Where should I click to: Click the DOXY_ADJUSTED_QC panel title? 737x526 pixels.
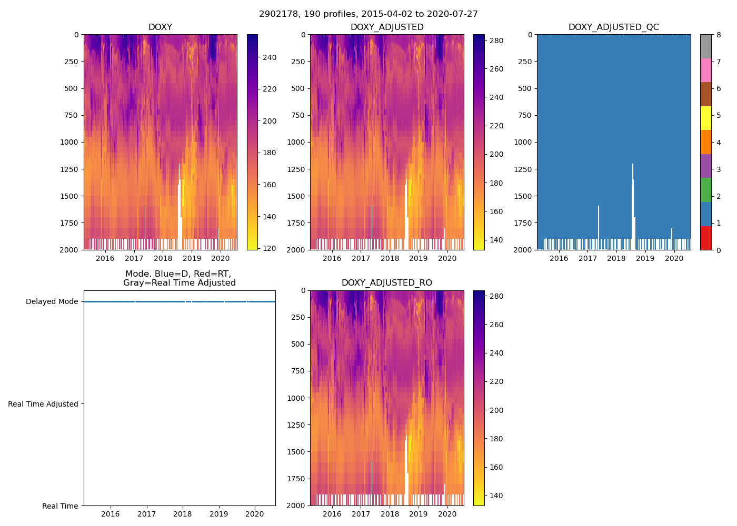613,27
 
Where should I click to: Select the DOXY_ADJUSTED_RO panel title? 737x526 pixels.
386,283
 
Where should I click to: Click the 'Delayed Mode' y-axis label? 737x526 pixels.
52,302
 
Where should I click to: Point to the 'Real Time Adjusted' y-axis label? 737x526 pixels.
43,404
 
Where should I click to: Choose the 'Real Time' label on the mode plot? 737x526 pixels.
60,506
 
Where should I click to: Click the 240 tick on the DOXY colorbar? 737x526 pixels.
270,57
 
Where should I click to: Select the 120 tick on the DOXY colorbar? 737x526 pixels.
270,248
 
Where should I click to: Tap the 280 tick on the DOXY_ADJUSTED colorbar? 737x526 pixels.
496,41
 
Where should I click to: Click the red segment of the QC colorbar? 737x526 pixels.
705,238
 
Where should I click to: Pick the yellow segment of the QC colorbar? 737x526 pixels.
705,118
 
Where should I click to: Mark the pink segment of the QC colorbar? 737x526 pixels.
705,70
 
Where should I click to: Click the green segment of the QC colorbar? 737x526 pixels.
705,190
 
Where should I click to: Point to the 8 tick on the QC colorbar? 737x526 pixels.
718,35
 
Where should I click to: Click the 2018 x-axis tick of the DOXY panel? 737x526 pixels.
163,258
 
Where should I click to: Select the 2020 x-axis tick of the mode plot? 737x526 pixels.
255,514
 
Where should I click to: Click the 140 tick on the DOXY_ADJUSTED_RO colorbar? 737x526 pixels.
496,495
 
